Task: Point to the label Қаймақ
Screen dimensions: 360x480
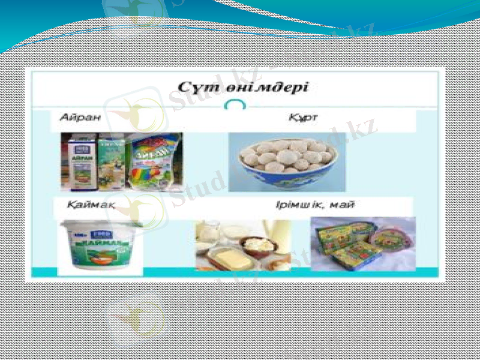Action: (91, 205)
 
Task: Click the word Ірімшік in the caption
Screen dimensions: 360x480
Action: (298, 205)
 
